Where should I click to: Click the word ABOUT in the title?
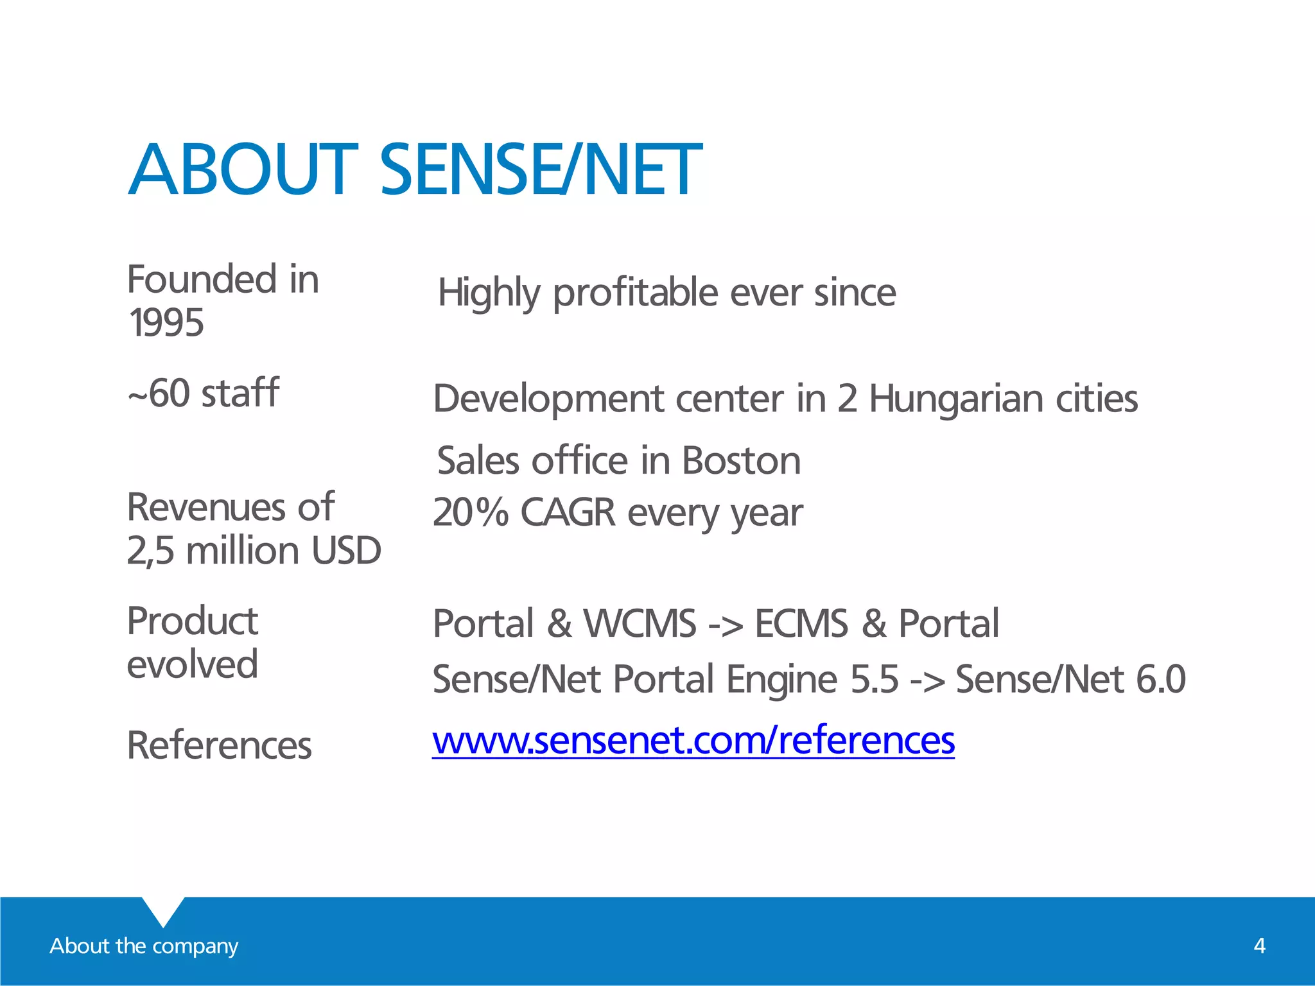click(243, 170)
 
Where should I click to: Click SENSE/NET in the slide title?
click(541, 170)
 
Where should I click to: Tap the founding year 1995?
click(166, 322)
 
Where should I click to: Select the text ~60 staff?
click(204, 393)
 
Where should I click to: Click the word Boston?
click(741, 461)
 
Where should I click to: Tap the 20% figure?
click(471, 512)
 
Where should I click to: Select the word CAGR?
click(568, 512)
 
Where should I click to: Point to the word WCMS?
click(640, 623)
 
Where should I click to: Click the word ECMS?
click(801, 623)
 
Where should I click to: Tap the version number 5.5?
click(874, 679)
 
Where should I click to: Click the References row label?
click(220, 745)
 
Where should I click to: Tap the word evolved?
click(193, 664)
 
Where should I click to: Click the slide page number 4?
click(1259, 946)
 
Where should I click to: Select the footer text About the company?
click(144, 946)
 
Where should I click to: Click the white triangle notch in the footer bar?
click(163, 909)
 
